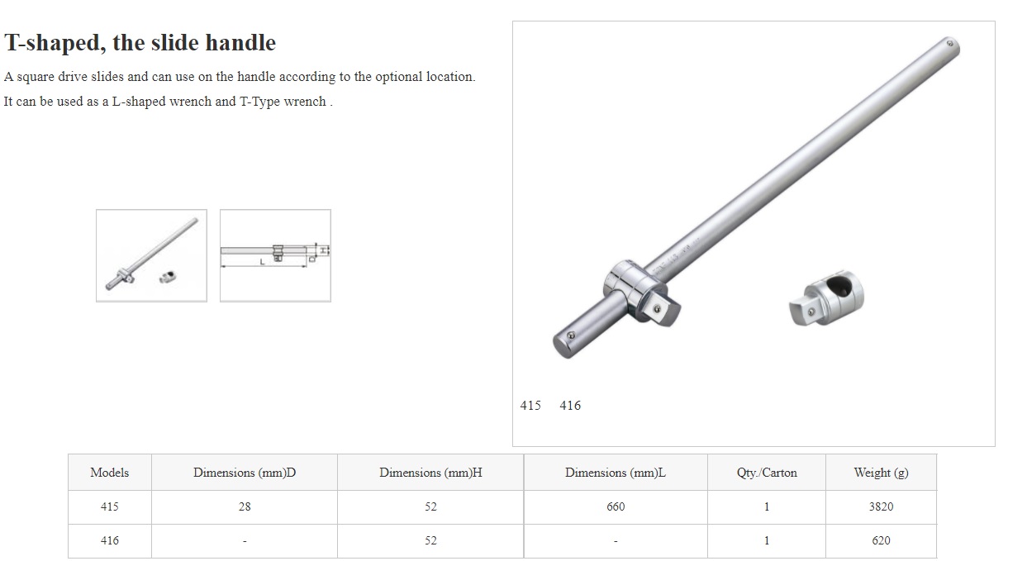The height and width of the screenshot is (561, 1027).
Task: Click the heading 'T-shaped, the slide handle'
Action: pyautogui.click(x=140, y=43)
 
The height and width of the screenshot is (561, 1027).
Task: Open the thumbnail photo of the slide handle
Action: pyautogui.click(x=151, y=256)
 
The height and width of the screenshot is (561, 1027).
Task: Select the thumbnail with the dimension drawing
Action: pyautogui.click(x=275, y=256)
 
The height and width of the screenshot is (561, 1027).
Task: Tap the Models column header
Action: pyautogui.click(x=110, y=473)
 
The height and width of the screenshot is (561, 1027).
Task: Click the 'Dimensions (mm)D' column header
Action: pyautogui.click(x=245, y=473)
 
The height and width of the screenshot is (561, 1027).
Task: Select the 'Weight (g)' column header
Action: pyautogui.click(x=881, y=473)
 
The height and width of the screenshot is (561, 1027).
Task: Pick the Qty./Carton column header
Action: pyautogui.click(x=767, y=473)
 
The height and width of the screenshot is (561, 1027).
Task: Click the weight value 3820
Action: pyautogui.click(x=881, y=506)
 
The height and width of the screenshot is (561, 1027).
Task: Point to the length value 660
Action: pyautogui.click(x=616, y=506)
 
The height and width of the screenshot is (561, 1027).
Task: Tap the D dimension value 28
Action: pyautogui.click(x=245, y=506)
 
